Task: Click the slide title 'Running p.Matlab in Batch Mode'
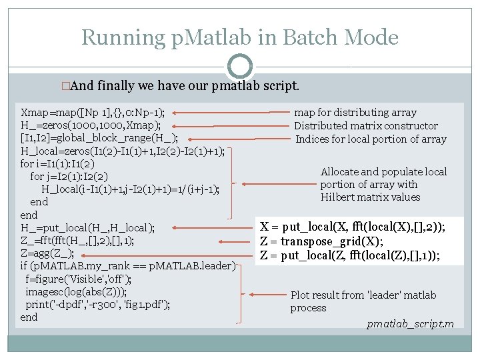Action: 239,37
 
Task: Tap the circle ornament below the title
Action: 239,66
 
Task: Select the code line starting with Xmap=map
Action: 93,112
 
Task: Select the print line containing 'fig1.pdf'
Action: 97,304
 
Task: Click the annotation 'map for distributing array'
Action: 355,113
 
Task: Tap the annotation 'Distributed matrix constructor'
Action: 366,125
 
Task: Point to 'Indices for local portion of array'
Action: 371,139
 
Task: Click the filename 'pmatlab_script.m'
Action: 410,324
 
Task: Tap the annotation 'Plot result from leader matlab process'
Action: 363,301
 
